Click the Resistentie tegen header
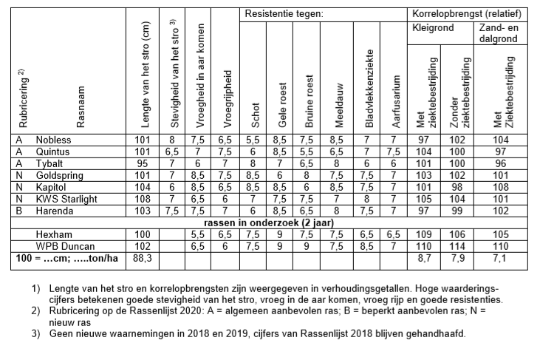pyautogui.click(x=283, y=14)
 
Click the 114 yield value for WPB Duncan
pyautogui.click(x=460, y=245)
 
